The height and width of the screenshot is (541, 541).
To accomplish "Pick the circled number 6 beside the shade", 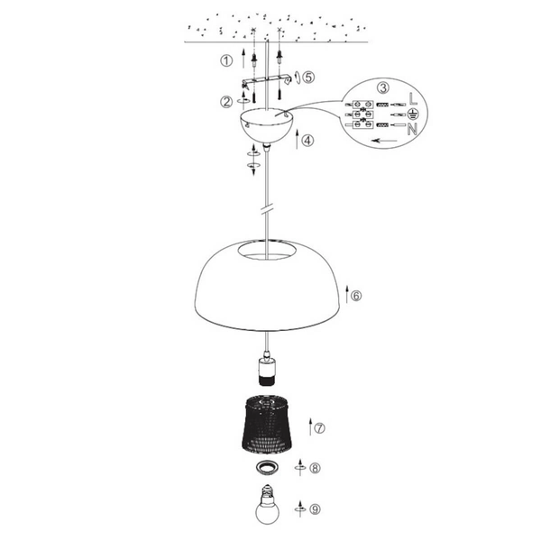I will click(x=355, y=295).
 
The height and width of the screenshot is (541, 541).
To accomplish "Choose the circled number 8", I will click(x=314, y=468).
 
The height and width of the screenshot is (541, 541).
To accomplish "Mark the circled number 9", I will click(x=314, y=509).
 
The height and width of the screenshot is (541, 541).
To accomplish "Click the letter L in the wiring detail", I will click(x=412, y=96).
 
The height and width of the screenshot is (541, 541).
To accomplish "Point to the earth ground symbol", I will click(x=412, y=113).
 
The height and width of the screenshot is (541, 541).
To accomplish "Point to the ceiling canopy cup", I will click(x=268, y=126).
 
